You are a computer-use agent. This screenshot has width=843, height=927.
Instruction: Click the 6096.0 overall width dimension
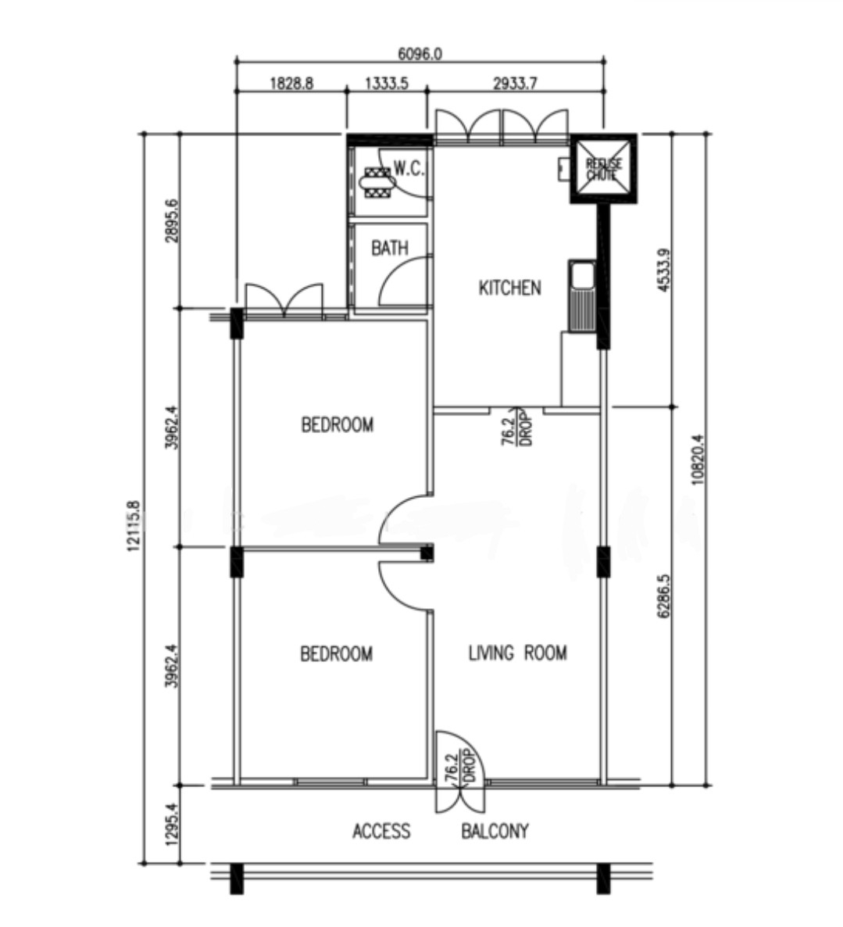420,54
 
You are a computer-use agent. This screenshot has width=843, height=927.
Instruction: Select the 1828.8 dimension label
291,83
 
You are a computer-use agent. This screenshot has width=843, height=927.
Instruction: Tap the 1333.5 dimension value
387,83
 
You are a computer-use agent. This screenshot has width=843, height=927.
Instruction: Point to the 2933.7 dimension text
515,83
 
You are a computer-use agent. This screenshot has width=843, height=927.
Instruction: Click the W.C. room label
409,169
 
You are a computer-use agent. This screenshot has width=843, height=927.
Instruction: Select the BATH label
390,248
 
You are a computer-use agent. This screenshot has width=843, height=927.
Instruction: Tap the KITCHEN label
510,288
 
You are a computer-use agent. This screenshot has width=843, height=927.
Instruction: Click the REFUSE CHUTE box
604,169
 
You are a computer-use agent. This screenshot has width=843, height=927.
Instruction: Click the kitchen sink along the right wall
583,295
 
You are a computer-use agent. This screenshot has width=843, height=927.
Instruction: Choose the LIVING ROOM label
517,653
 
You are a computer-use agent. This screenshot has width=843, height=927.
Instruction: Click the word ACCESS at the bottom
381,831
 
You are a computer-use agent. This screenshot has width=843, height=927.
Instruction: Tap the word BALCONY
495,831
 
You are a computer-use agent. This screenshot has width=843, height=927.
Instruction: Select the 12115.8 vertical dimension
134,526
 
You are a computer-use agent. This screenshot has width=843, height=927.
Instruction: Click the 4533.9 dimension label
664,270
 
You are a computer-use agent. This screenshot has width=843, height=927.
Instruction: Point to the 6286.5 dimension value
664,596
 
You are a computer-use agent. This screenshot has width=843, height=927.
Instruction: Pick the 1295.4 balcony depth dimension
172,824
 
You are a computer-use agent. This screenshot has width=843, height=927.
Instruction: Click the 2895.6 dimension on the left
172,221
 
